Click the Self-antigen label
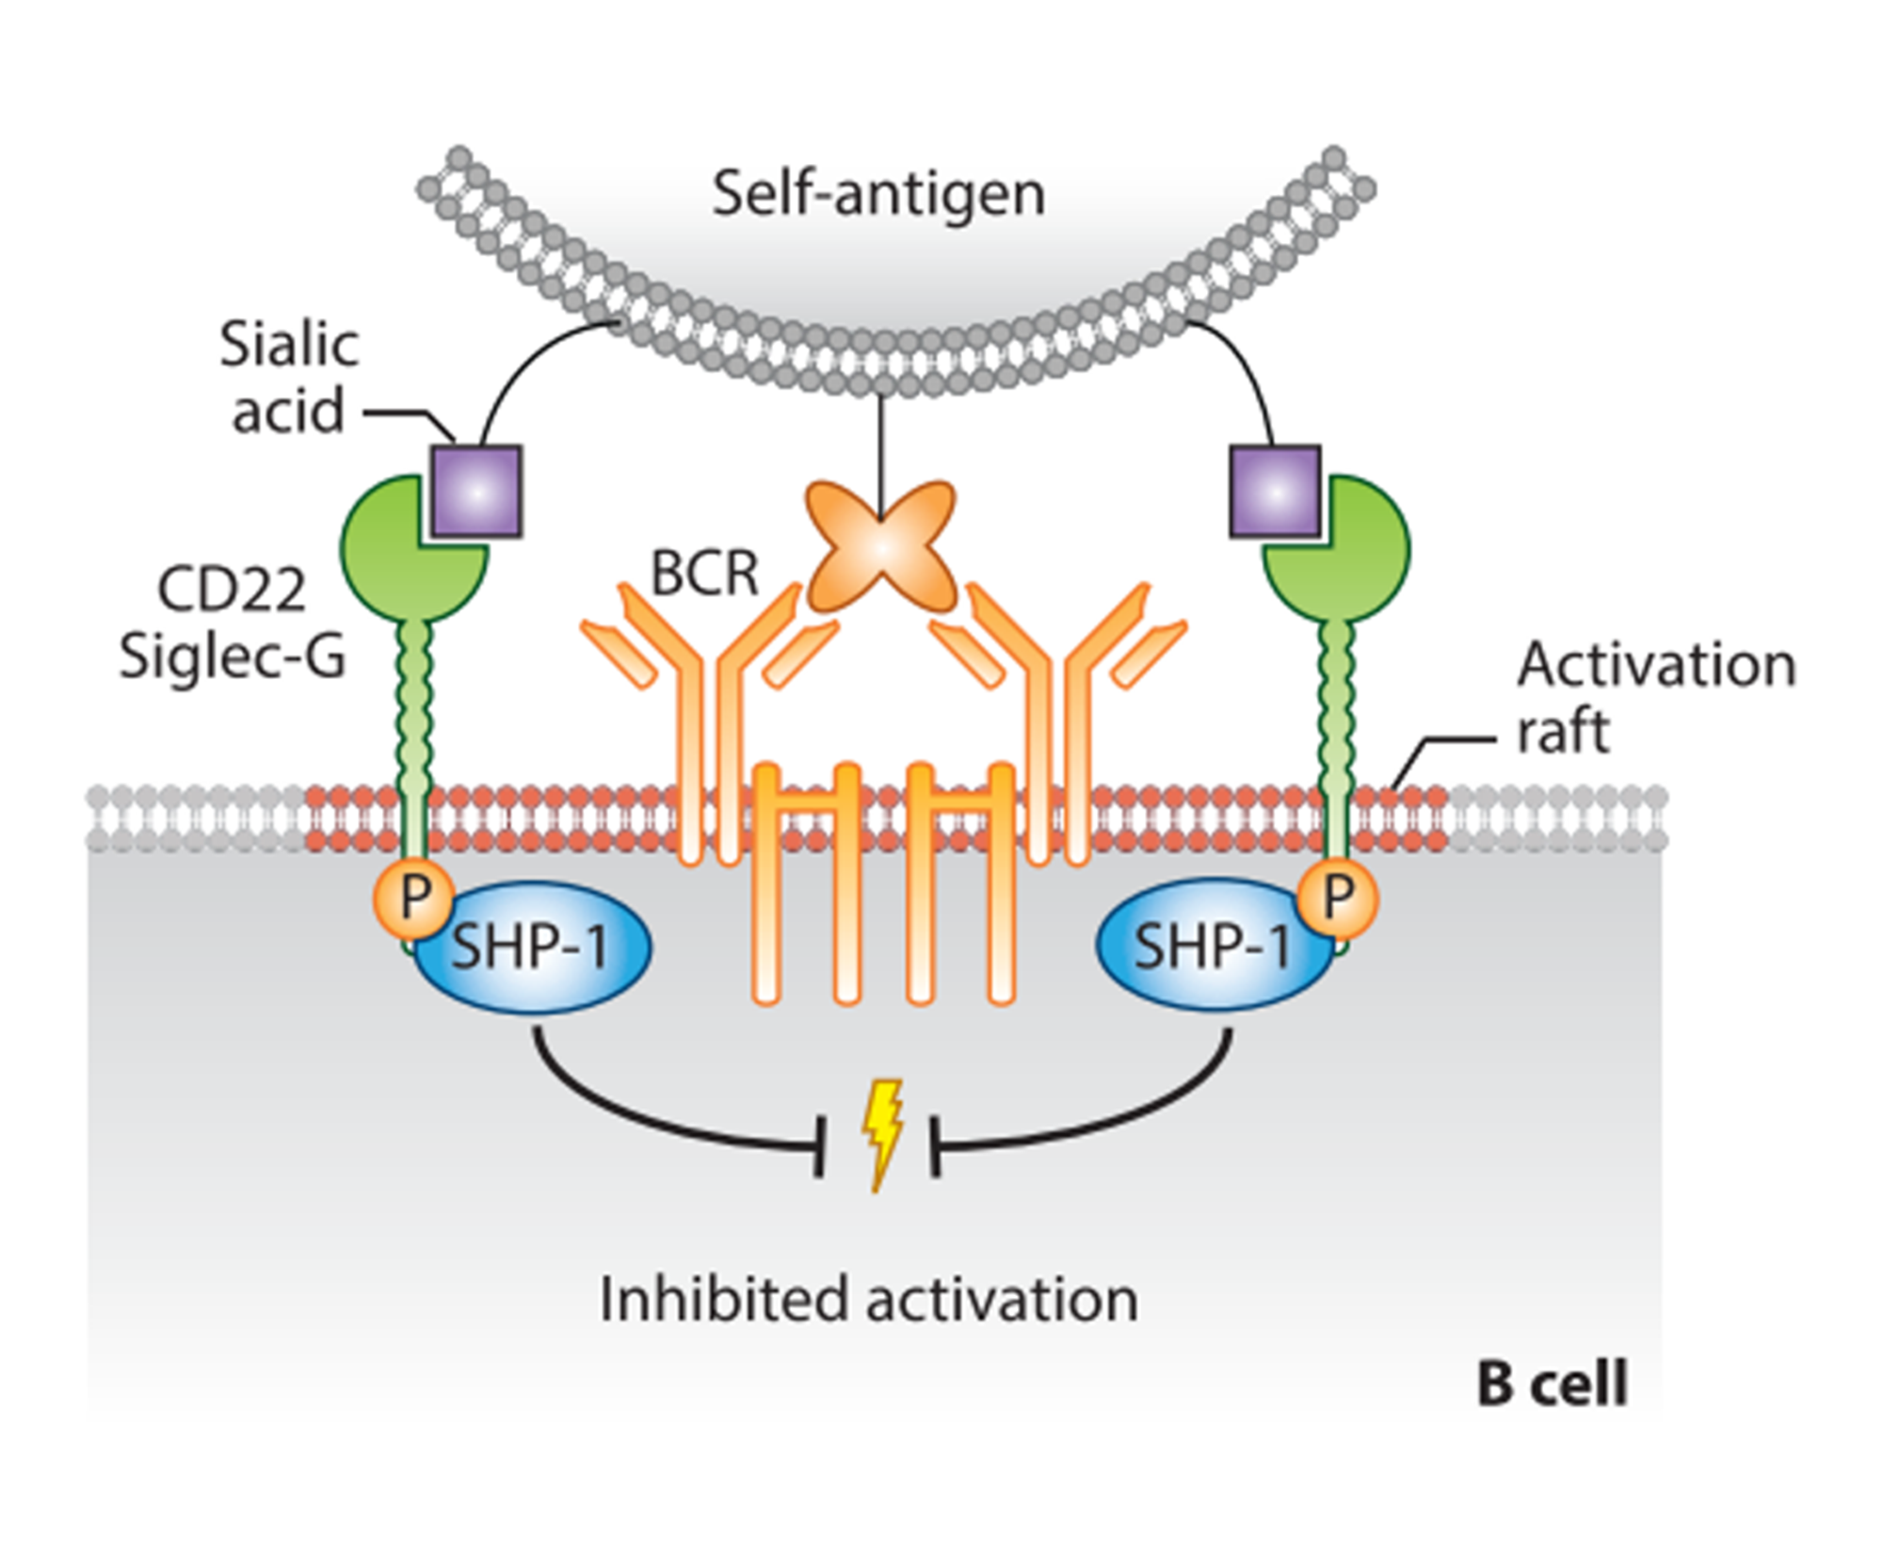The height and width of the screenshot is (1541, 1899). [877, 194]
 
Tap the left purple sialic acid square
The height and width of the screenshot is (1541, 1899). [476, 492]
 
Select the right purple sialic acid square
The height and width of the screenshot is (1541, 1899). [1275, 492]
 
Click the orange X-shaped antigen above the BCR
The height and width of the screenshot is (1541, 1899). [880, 546]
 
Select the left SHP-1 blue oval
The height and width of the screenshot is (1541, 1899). [532, 947]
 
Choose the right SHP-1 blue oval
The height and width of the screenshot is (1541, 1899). [1210, 947]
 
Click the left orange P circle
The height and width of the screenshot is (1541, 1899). [414, 898]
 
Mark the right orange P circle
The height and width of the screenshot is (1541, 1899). [1338, 898]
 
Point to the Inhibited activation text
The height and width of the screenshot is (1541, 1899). [868, 1300]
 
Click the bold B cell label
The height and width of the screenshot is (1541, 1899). [1552, 1385]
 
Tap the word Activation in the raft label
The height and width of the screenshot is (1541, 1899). [1656, 665]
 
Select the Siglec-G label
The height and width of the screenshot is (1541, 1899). [233, 656]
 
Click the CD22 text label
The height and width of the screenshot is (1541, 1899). [232, 591]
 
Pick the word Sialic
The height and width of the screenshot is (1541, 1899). [289, 345]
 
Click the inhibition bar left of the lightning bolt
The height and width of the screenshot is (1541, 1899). [819, 1145]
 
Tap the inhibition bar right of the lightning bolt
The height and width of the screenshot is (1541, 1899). [935, 1145]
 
